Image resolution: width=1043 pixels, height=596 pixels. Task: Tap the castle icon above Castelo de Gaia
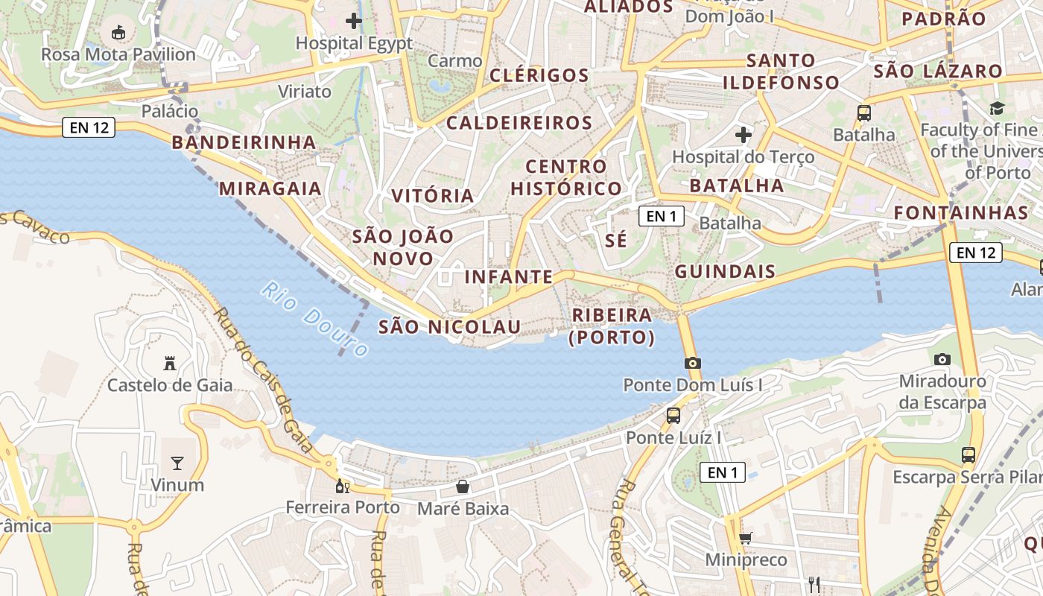(x=170, y=364)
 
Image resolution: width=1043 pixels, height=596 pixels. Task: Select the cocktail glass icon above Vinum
(x=177, y=463)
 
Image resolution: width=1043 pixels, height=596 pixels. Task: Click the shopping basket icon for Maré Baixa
(x=463, y=486)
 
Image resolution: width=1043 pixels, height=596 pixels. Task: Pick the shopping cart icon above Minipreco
(x=745, y=538)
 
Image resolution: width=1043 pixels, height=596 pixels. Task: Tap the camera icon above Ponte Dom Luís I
(x=692, y=363)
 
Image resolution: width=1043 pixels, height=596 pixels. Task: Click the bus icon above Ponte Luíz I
(x=673, y=416)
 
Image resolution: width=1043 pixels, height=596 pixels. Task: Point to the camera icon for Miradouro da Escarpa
(x=942, y=359)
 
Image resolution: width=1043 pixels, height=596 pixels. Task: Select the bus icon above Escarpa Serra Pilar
(x=968, y=454)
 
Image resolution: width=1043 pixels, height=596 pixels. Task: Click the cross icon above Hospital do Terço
(x=743, y=135)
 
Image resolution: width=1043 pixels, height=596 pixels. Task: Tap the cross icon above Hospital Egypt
(x=354, y=21)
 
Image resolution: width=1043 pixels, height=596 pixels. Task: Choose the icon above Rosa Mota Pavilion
(x=118, y=32)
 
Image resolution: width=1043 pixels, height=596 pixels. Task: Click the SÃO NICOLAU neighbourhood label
(x=450, y=326)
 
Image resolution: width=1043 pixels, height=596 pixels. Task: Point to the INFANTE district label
(x=509, y=277)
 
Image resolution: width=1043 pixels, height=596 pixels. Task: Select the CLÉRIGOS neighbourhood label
(x=539, y=75)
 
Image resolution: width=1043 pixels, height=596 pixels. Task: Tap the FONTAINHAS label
(x=961, y=213)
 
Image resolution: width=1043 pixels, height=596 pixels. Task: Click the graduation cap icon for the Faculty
(x=997, y=109)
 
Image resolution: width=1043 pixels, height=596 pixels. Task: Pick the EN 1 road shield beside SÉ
(x=661, y=216)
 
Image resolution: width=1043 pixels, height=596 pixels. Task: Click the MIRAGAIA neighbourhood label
(x=270, y=188)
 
